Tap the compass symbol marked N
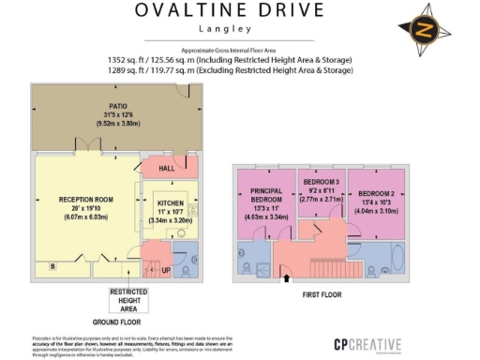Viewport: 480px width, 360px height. [423, 30]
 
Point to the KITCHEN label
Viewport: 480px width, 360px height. [170, 202]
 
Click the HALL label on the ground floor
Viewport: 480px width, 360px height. [167, 169]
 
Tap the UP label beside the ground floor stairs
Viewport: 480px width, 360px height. [166, 270]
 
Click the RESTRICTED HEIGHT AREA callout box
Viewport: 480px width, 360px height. [130, 300]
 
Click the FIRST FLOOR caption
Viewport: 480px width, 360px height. [322, 292]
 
